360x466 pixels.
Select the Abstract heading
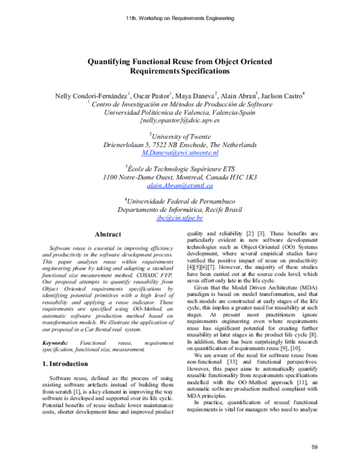(108, 234)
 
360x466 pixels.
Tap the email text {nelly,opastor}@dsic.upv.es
(180, 121)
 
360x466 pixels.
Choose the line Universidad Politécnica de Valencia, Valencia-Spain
(180, 112)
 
